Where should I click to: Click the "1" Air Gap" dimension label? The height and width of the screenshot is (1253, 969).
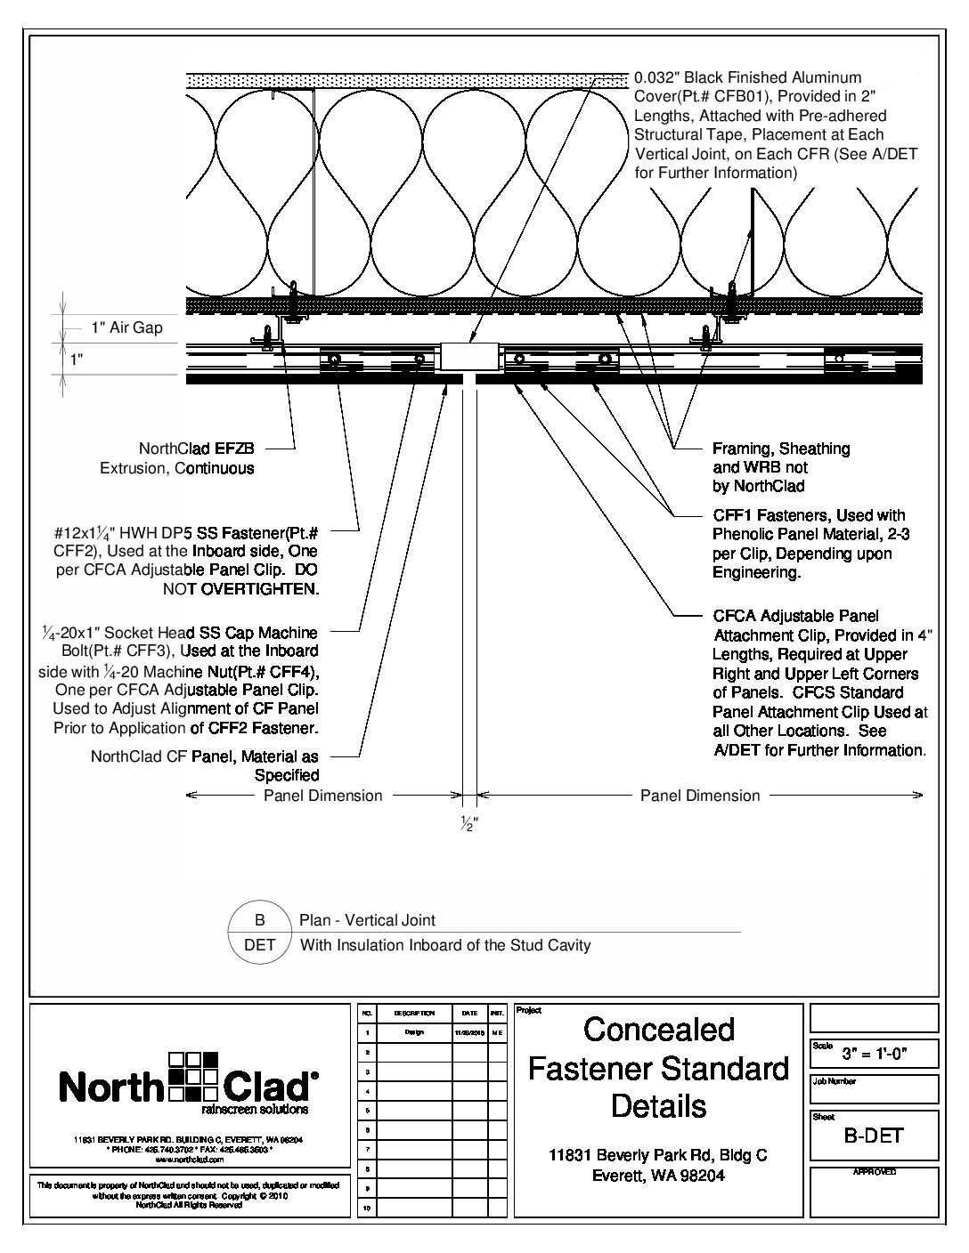126,327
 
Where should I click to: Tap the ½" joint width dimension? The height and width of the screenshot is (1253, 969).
468,822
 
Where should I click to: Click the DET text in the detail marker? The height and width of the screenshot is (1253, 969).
260,945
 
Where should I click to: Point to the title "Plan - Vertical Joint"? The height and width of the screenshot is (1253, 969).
368,920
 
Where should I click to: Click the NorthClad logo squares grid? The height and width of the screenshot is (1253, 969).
193,1075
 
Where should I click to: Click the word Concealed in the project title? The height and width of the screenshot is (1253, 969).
659,1030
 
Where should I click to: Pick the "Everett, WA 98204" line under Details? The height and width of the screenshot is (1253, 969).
658,1175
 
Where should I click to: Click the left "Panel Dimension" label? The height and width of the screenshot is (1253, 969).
322,796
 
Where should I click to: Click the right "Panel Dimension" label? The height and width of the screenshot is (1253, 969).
700,796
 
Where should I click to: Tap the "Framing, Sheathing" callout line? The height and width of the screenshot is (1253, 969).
781,449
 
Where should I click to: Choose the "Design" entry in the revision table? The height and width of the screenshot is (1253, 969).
413,1032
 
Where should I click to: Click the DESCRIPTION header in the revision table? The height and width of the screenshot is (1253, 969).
413,1014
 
